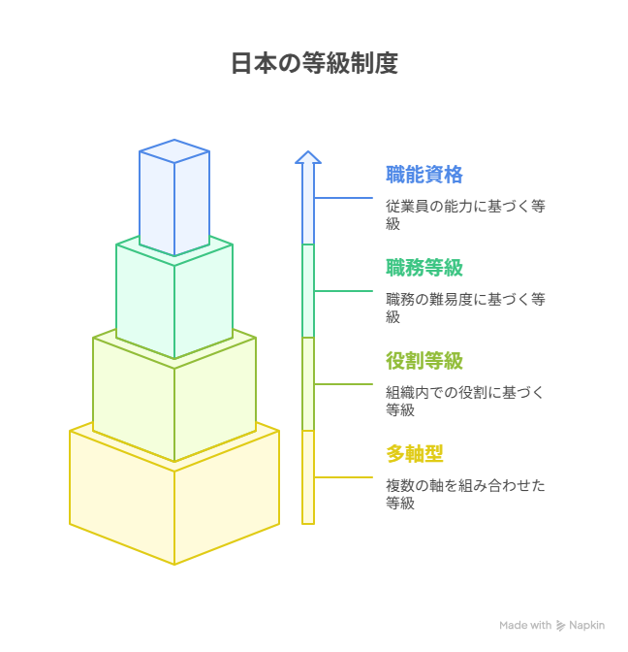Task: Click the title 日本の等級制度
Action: (314, 63)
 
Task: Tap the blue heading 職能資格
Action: (424, 175)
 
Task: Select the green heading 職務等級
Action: (424, 268)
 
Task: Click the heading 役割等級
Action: (424, 361)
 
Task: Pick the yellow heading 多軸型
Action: (415, 454)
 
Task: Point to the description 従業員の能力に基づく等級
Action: (465, 215)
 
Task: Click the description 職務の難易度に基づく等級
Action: (465, 309)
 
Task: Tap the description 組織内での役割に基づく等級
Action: (464, 402)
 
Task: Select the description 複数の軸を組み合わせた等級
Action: (465, 495)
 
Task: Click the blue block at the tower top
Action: (174, 198)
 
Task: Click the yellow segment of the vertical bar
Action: (308, 477)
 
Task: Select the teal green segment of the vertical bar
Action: (308, 291)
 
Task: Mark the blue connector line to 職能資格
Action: (343, 198)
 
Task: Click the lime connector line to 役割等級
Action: (343, 384)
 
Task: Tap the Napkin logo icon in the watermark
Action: (560, 626)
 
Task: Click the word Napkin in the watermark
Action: (587, 626)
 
